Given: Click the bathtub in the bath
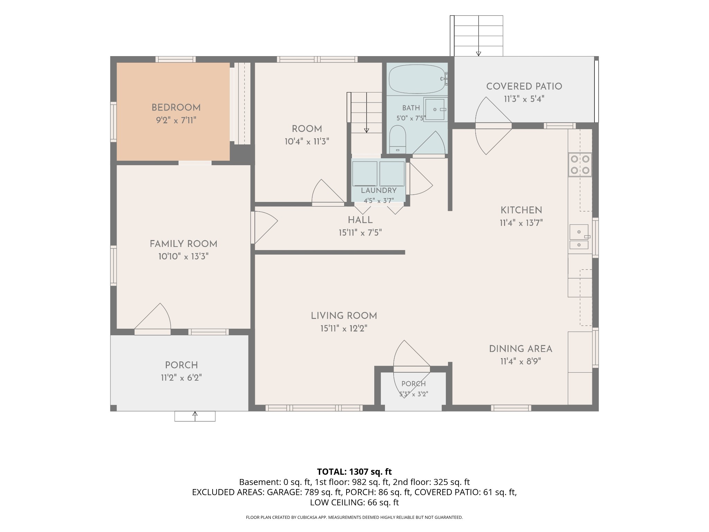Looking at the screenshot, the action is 417,79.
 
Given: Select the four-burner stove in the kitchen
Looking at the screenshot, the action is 580,165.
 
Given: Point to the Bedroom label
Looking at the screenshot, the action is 176,108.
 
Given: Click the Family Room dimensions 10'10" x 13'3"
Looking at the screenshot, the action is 183,257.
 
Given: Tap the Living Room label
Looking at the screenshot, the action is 344,316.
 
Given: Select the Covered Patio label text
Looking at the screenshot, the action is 524,87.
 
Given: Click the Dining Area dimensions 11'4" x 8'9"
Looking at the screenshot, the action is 521,362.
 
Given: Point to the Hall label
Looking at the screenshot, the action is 360,220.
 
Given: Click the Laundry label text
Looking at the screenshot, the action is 379,190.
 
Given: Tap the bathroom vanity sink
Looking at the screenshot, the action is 435,109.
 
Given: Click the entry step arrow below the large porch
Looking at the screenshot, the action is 195,416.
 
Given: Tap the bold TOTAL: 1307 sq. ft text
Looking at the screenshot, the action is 354,472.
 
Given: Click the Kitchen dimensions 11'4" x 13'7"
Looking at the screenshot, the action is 521,223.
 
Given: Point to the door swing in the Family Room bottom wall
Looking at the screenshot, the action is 153,318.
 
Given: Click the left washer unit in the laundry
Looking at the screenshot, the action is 365,174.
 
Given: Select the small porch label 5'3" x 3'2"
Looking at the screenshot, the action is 414,394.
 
